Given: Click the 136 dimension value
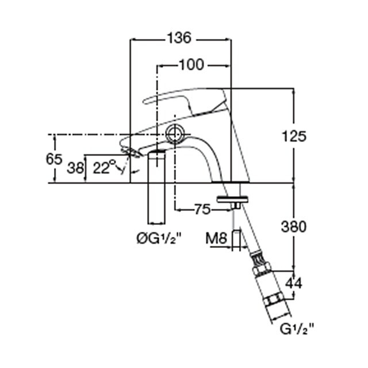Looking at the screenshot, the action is click(179, 38).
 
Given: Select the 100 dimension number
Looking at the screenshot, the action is click(191, 64).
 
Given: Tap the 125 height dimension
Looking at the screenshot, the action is click(294, 136).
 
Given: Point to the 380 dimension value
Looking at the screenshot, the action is click(294, 227).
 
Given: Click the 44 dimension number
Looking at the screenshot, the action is click(294, 283).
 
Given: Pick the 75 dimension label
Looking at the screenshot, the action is click(202, 209).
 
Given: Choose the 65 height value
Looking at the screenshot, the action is click(54, 159).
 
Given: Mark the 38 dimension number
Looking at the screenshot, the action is click(75, 168).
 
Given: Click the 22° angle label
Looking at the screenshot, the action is click(104, 167).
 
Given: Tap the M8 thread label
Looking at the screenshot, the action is click(216, 239).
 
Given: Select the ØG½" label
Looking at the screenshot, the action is click(159, 239).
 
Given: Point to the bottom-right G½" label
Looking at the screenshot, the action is click(297, 329).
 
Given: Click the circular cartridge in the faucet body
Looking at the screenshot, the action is click(175, 134).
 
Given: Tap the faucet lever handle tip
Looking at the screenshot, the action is click(146, 101).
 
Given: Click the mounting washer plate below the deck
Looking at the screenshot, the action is click(232, 199).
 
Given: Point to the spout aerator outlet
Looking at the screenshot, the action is click(132, 152).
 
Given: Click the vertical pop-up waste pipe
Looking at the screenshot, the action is click(156, 187).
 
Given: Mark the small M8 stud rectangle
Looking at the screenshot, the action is click(236, 240).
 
